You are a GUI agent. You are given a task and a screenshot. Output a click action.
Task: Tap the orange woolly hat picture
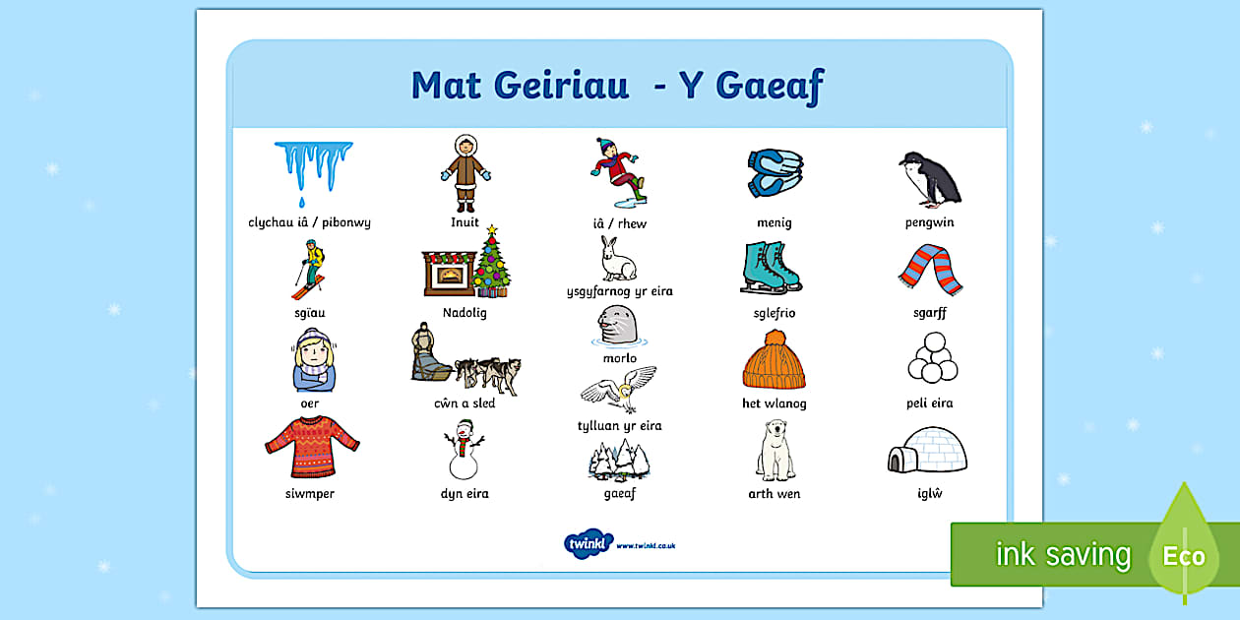[x=774, y=360]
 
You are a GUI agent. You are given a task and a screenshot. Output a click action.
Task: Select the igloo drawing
[x=927, y=451]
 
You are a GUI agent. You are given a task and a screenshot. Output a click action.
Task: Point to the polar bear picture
[x=775, y=451]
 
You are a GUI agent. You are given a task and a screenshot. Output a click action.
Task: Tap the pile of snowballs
[x=931, y=358]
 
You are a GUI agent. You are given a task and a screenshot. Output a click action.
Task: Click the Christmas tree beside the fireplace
[x=491, y=262]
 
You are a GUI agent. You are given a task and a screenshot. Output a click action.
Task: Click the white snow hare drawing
[x=618, y=259]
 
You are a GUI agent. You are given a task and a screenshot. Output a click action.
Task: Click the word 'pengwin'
[x=929, y=222]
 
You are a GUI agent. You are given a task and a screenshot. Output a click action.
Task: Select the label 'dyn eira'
[x=465, y=494]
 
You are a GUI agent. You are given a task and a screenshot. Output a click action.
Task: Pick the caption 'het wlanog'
[x=774, y=403]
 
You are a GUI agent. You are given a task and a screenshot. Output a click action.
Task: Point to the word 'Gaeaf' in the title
[x=769, y=86]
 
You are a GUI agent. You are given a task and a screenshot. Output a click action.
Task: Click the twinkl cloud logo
[x=589, y=543]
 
